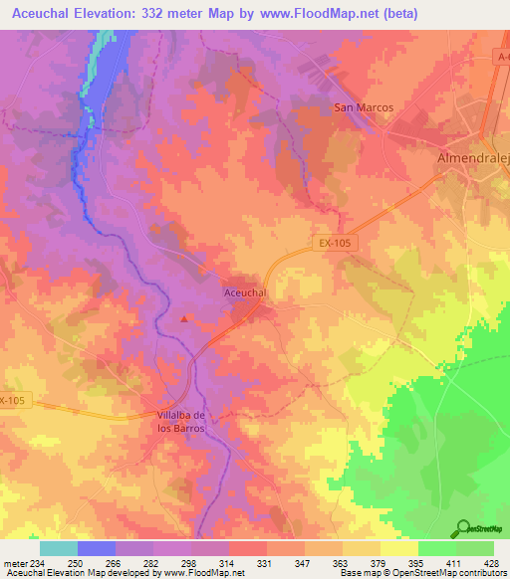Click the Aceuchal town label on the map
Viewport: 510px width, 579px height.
click(245, 293)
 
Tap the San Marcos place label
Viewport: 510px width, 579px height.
click(364, 107)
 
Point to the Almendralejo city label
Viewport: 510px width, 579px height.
click(473, 158)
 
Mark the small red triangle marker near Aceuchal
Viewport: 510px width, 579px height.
click(185, 319)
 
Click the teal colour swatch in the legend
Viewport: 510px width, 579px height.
click(58, 548)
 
